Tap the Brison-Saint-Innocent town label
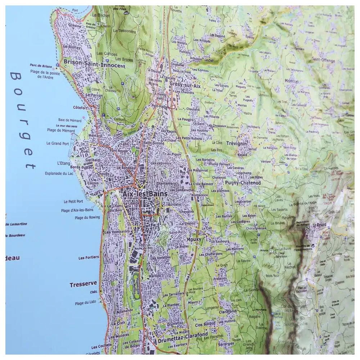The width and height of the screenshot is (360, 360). click(x=94, y=66)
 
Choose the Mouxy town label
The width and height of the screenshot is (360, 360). click(x=194, y=239)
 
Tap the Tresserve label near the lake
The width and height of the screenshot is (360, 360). click(x=83, y=284)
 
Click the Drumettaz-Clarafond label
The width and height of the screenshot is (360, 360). click(x=183, y=335)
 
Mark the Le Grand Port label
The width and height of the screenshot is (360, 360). click(x=58, y=143)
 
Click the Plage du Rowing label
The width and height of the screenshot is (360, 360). click(x=87, y=217)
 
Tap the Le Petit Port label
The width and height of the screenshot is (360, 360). click(x=73, y=202)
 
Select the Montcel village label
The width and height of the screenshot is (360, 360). click(x=291, y=81)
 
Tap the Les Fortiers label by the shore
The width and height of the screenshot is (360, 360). click(x=89, y=258)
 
